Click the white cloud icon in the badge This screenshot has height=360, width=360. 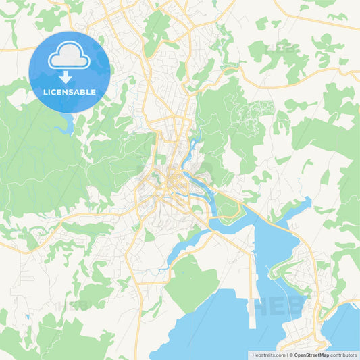pyautogui.click(x=69, y=57)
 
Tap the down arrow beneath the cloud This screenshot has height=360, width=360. pyautogui.click(x=69, y=77)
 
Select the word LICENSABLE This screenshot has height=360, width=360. pyautogui.click(x=69, y=92)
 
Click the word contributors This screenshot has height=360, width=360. pyautogui.click(x=344, y=355)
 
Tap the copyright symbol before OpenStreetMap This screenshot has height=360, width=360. pyautogui.click(x=291, y=355)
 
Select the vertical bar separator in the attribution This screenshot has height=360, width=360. pyautogui.click(x=286, y=355)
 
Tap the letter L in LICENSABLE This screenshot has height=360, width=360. pyautogui.click(x=45, y=92)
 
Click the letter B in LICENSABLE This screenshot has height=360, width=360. pyautogui.click(x=83, y=92)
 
